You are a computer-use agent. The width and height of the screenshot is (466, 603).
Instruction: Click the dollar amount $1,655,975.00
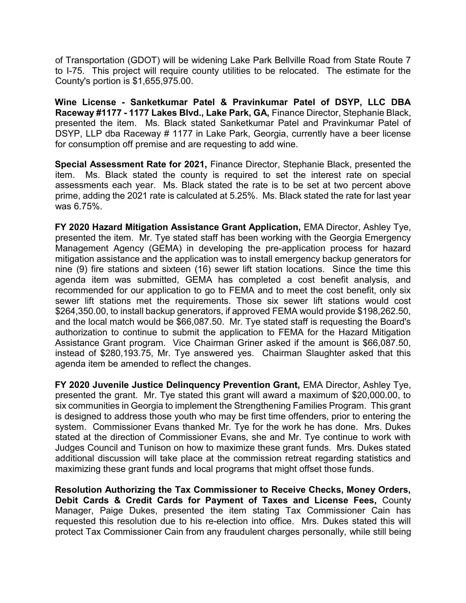162,81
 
